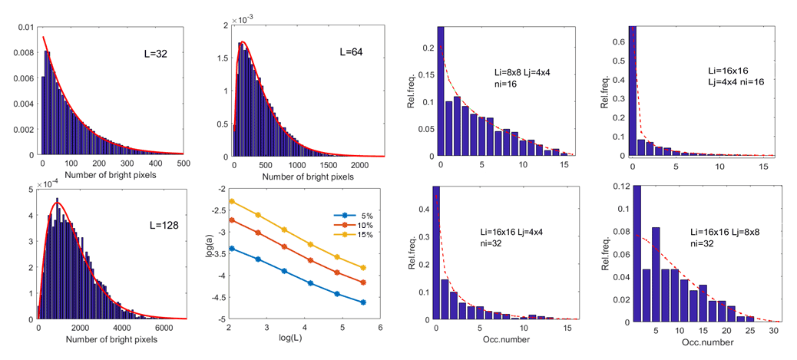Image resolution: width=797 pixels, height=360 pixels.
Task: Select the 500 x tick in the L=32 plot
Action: [183, 163]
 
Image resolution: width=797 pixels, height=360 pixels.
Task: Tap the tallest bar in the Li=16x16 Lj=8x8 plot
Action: [635, 253]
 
